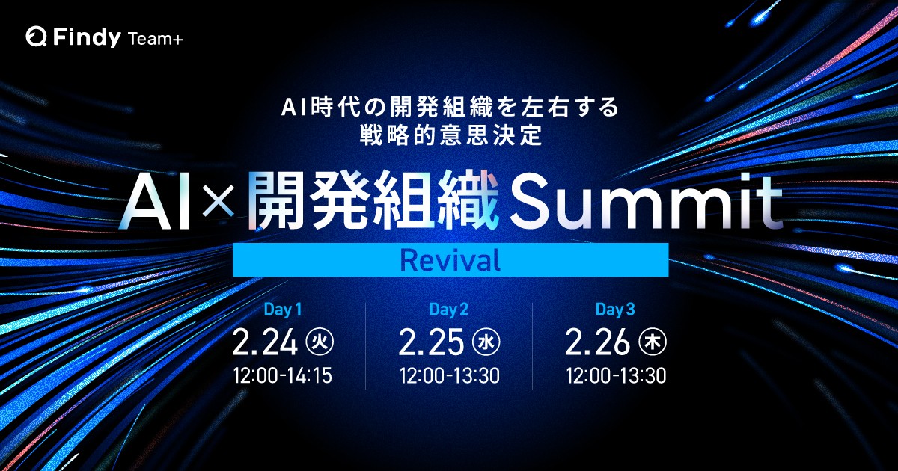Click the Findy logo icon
(36, 37)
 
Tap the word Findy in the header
(87, 37)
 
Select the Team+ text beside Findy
(156, 39)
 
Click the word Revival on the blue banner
(450, 260)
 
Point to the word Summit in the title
(645, 202)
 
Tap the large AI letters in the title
(154, 203)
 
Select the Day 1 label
(283, 310)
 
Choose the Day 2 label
(448, 310)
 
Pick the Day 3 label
(615, 310)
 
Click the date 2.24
(265, 342)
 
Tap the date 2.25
(431, 342)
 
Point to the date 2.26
(598, 342)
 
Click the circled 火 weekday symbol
(320, 342)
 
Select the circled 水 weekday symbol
(486, 342)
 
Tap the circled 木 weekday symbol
(653, 342)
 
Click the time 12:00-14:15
(283, 375)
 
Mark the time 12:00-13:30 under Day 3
(616, 375)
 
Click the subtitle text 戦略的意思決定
(450, 135)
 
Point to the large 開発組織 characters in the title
(373, 202)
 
